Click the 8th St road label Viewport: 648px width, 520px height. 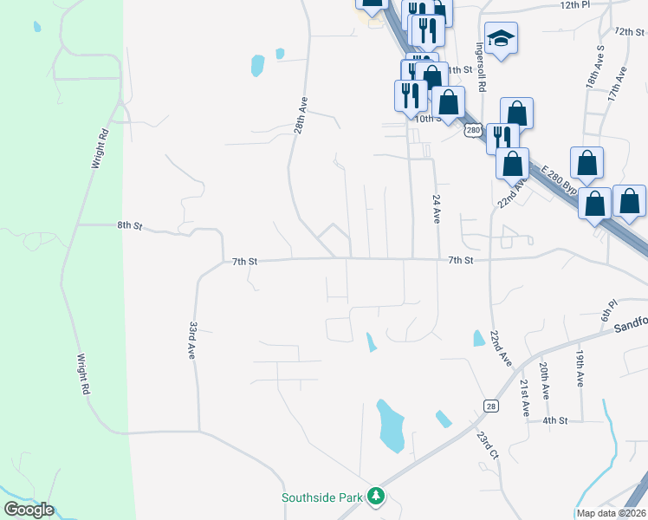coord(129,225)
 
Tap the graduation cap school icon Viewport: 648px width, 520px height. coord(501,37)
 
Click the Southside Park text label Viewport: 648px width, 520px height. coord(322,497)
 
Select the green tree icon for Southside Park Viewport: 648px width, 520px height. coord(376,497)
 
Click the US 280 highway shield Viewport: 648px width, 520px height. coord(471,130)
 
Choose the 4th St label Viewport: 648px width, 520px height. coord(554,420)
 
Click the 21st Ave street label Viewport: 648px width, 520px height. coord(525,398)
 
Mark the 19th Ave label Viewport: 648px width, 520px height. coord(580,368)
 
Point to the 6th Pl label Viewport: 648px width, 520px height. coord(609,309)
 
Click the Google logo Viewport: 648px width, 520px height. coord(28,510)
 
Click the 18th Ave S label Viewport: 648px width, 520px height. coord(594,66)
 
